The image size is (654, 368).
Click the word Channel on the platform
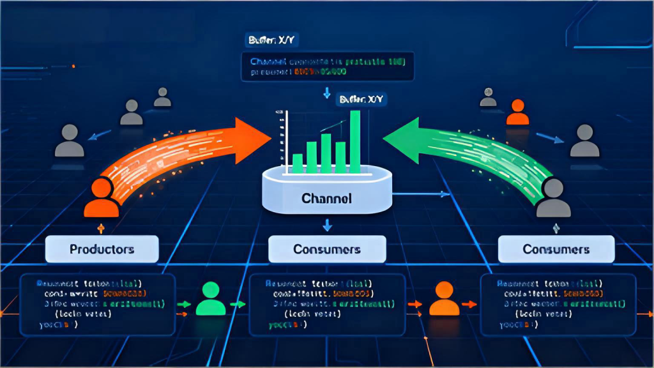point(326,199)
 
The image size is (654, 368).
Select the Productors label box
point(102,249)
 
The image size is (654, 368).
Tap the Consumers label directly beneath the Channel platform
point(326,249)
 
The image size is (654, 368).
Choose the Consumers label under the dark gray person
point(556,249)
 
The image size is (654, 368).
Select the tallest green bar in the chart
point(355,141)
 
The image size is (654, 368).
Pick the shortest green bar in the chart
point(297,164)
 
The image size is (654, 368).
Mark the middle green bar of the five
point(326,153)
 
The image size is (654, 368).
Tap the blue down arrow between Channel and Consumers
point(327,224)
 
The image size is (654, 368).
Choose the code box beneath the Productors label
point(98,305)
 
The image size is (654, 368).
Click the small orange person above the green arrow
point(517,112)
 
